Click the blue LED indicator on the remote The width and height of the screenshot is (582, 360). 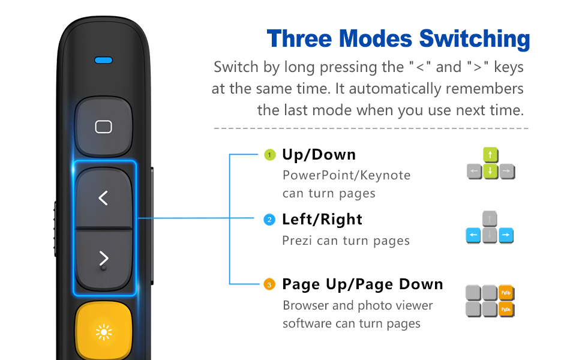(103, 61)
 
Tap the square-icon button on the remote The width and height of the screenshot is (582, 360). (103, 127)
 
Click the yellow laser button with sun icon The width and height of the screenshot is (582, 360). (103, 332)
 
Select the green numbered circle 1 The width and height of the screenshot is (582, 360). (270, 155)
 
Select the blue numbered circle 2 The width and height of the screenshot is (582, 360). (270, 220)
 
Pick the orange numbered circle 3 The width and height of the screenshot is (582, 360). (270, 284)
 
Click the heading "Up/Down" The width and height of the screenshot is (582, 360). (319, 155)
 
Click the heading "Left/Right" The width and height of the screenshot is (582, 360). (322, 220)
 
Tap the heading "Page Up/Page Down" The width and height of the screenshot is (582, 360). (362, 284)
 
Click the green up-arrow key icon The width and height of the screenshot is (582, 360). (491, 155)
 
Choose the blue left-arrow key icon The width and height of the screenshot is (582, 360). (474, 236)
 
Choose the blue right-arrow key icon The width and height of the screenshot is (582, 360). (506, 236)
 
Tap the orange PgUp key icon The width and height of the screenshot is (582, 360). (507, 293)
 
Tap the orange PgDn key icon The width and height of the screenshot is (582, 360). (507, 309)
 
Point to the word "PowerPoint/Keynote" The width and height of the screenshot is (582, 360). (346, 175)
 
